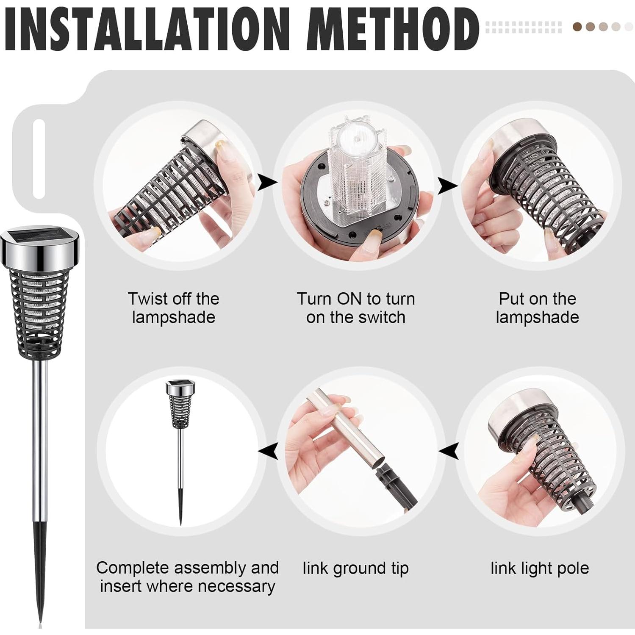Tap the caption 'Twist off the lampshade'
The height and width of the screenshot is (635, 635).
(173, 308)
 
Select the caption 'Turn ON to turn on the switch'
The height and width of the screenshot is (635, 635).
(355, 308)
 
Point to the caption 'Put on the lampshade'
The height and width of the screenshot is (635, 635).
(537, 308)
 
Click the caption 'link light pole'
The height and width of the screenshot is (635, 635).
(540, 568)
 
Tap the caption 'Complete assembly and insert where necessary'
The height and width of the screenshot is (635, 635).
(188, 577)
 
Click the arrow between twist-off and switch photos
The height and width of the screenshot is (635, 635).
(267, 183)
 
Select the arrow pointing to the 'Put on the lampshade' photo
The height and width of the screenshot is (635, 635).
(447, 185)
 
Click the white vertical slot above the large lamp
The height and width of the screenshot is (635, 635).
(39, 158)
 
